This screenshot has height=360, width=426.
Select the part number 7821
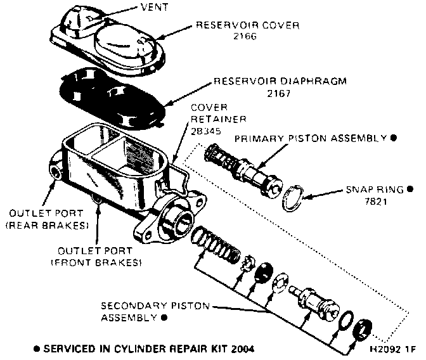point(362,202)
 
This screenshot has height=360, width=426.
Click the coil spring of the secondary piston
point(215,244)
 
